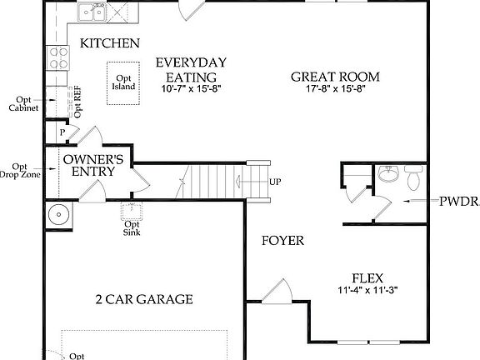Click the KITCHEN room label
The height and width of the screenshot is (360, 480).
(108, 43)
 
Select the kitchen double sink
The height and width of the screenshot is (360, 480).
(92, 12)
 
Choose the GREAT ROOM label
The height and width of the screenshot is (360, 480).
(335, 77)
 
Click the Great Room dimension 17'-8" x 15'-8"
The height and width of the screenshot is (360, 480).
(335, 88)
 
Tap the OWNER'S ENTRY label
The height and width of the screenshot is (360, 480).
(95, 165)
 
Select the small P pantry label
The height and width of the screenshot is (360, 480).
(62, 132)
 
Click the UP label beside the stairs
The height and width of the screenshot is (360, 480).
(275, 182)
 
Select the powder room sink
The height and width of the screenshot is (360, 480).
(387, 174)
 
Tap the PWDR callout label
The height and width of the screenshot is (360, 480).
(459, 202)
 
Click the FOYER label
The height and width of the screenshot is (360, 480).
(282, 242)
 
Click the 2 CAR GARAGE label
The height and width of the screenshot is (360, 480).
(145, 298)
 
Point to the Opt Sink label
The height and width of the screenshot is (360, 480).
(132, 229)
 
